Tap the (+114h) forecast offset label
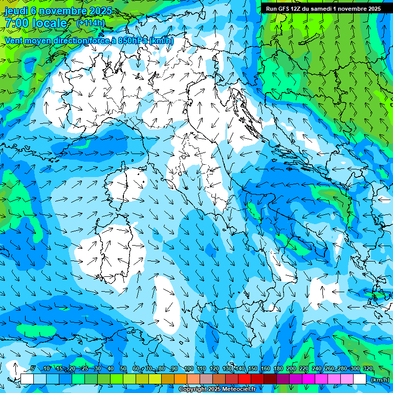pos(91,23)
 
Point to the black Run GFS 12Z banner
pos(323,9)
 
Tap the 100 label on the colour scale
pos(189,369)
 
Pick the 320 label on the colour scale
pos(367,369)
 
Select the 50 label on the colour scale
pos(123,369)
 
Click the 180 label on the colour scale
pos(278,369)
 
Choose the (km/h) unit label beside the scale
pos(379,380)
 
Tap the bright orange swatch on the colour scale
pos(180,379)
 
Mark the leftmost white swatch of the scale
pos(27,379)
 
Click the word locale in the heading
pos(50,23)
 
